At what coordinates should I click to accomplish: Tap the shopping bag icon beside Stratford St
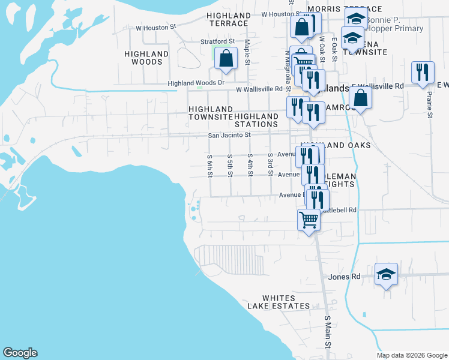pyautogui.click(x=226, y=59)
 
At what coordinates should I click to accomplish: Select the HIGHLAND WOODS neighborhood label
pyautogui.click(x=146, y=58)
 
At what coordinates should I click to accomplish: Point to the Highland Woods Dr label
pyautogui.click(x=196, y=83)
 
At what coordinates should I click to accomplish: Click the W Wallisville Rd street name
pyautogui.click(x=259, y=89)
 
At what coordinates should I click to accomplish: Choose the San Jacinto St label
pyautogui.click(x=229, y=136)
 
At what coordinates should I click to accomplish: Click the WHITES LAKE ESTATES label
pyautogui.click(x=279, y=302)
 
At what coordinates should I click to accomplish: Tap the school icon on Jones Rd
pyautogui.click(x=386, y=275)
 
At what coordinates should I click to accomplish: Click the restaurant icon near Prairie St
pyautogui.click(x=423, y=72)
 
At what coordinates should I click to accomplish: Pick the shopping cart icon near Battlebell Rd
pyautogui.click(x=309, y=220)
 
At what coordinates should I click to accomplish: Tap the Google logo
pyautogui.click(x=20, y=353)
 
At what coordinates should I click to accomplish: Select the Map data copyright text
pyautogui.click(x=411, y=355)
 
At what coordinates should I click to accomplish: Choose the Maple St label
pyautogui.click(x=247, y=52)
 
